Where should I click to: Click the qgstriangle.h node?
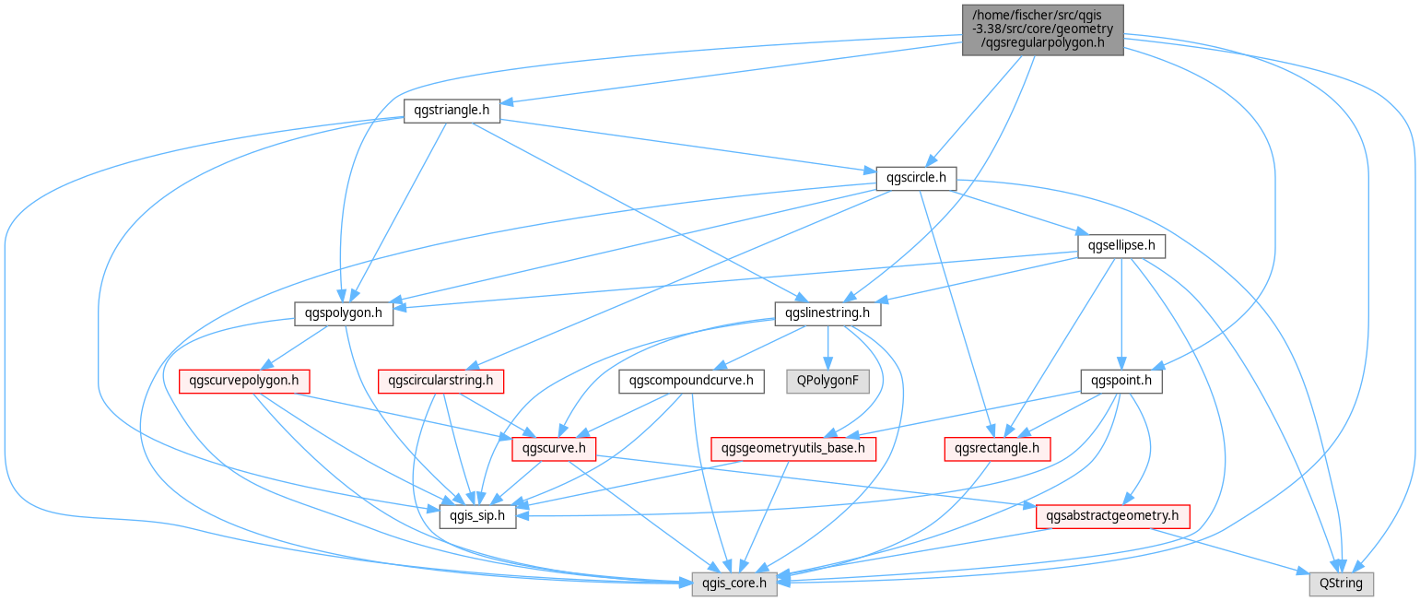click(x=452, y=111)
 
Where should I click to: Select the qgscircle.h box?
click(x=916, y=178)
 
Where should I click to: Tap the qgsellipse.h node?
click(x=1121, y=246)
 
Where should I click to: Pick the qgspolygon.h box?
click(x=344, y=313)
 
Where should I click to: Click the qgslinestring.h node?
click(x=827, y=313)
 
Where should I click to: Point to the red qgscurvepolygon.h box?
click(x=244, y=381)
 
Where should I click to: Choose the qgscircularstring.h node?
click(x=440, y=381)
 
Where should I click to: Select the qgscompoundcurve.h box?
click(x=691, y=381)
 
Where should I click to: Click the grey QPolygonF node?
click(x=827, y=381)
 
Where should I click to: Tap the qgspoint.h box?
click(x=1121, y=381)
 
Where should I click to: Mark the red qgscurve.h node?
click(x=554, y=449)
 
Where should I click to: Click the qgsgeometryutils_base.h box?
click(x=793, y=449)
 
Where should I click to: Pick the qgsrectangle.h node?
click(x=997, y=449)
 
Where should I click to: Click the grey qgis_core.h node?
click(x=734, y=583)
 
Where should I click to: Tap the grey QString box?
click(x=1341, y=583)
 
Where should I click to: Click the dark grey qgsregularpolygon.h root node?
click(x=1043, y=29)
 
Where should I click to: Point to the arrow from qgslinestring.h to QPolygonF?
click(x=827, y=348)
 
